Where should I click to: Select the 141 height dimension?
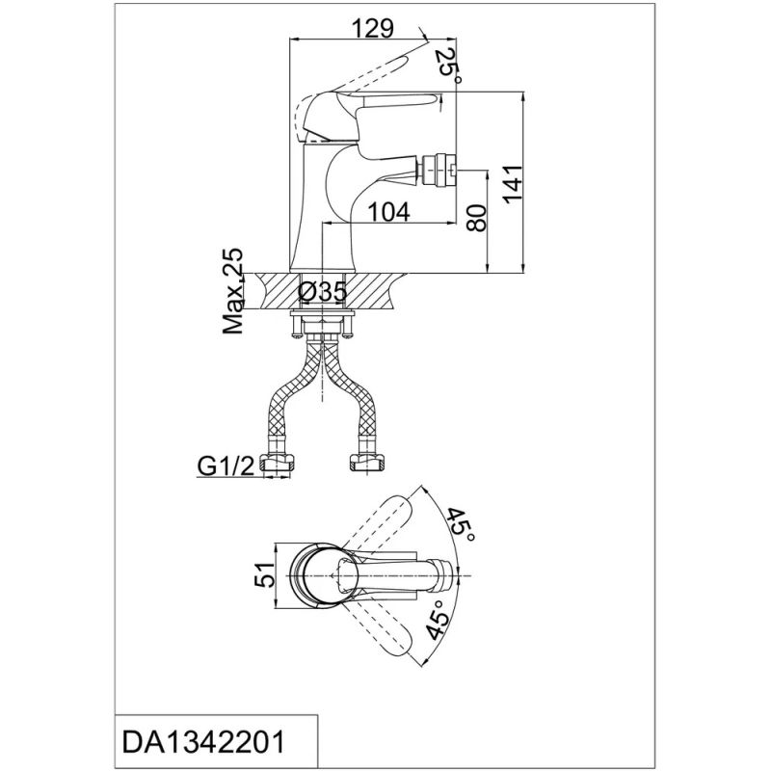(x=513, y=183)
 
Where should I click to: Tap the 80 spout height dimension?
(x=476, y=219)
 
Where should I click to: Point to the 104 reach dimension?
(x=388, y=212)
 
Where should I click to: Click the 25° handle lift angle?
(x=449, y=66)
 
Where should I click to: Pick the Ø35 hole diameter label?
(x=323, y=293)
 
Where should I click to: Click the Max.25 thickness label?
(x=233, y=291)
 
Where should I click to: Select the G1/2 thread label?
(x=226, y=466)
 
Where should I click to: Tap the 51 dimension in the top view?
(x=264, y=574)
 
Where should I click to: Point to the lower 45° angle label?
(x=438, y=620)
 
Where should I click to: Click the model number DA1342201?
(x=203, y=741)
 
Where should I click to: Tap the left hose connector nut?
(x=278, y=463)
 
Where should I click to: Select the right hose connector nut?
(x=366, y=463)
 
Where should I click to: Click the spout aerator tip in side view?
(x=437, y=168)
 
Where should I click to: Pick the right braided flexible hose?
(x=350, y=391)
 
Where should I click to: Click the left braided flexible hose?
(x=294, y=391)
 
